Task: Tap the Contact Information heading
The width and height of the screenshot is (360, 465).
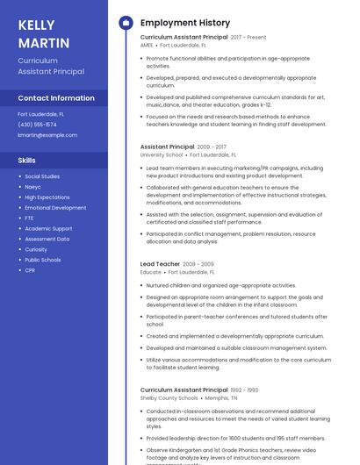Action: click(x=56, y=98)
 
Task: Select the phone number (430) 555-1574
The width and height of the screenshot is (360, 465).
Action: click(x=37, y=125)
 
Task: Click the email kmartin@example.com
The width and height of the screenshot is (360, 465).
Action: click(x=47, y=135)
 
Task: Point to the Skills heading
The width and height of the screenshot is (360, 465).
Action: click(x=27, y=161)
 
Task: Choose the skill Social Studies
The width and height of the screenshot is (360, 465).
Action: click(x=42, y=176)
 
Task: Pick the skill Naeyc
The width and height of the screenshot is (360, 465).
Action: click(x=32, y=187)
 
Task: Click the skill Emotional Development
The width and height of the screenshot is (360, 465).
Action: click(x=55, y=208)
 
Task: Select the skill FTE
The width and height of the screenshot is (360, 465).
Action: click(x=29, y=218)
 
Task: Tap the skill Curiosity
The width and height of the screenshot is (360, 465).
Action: click(x=36, y=249)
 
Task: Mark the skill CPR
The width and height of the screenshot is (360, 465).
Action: click(x=30, y=270)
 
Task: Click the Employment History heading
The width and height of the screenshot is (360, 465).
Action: click(x=184, y=23)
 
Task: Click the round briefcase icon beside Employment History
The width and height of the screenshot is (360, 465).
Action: click(x=126, y=23)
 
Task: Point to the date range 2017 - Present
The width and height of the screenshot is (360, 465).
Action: click(x=248, y=38)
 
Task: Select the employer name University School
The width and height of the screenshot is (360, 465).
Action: click(x=162, y=154)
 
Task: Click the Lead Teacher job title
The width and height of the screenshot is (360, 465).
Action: click(x=160, y=264)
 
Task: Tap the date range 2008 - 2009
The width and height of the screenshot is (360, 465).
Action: click(x=198, y=264)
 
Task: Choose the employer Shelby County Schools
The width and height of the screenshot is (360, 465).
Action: click(x=169, y=397)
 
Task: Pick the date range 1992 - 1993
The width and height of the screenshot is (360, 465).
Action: click(x=244, y=390)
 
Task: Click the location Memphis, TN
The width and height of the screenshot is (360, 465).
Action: click(x=221, y=397)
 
